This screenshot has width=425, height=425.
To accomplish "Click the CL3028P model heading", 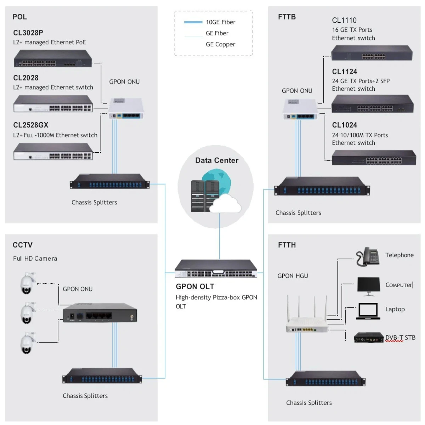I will point(28,33).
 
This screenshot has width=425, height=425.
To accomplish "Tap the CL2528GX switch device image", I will point(53,152).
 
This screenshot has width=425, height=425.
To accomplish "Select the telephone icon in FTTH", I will point(367,256).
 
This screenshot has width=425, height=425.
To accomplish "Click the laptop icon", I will point(368,311).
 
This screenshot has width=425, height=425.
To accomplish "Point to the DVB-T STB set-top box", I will point(369,338).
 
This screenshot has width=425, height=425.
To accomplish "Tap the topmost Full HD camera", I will point(27,283).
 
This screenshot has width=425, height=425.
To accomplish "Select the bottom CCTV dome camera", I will point(27,343).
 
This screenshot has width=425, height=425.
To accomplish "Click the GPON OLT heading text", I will point(195,287).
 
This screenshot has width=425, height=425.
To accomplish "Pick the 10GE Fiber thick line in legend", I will point(193,22).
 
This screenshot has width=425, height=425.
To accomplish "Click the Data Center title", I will point(217,160).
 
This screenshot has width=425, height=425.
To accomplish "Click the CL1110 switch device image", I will point(372,53).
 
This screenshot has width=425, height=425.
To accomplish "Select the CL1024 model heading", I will point(344,125).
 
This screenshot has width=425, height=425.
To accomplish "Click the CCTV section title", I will point(23,245).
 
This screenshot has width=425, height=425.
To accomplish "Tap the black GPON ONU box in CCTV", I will point(100,312).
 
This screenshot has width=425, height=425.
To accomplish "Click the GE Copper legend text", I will point(220,44).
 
